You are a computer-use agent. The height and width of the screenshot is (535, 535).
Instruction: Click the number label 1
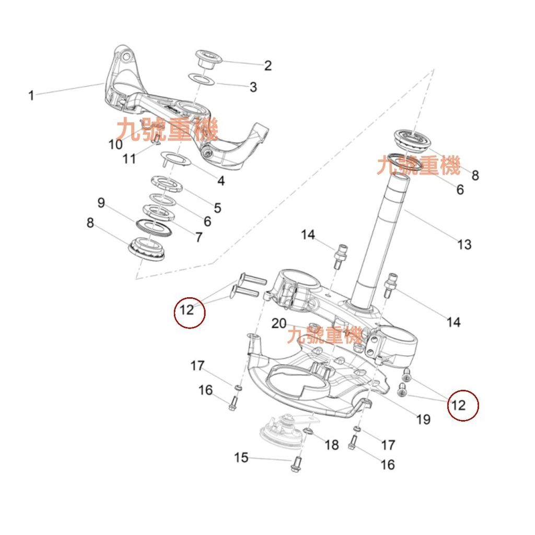(x=31, y=96)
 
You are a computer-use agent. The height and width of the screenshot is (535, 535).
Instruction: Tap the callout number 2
(x=268, y=65)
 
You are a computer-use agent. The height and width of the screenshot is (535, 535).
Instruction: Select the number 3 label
(x=253, y=87)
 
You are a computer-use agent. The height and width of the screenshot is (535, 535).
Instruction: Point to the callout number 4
(x=221, y=181)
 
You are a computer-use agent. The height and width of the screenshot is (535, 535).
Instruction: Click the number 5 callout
(x=217, y=207)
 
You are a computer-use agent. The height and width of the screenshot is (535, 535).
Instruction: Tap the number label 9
(x=101, y=202)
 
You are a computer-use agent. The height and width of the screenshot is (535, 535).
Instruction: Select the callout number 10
(x=115, y=144)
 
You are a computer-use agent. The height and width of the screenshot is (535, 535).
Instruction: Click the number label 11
(x=129, y=158)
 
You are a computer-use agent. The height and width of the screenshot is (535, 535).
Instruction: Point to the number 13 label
(x=464, y=244)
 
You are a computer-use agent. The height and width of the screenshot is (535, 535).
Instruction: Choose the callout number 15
(x=241, y=458)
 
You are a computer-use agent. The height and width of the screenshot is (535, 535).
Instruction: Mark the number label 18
(x=332, y=445)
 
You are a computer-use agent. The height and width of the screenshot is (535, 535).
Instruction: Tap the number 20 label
(x=279, y=323)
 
